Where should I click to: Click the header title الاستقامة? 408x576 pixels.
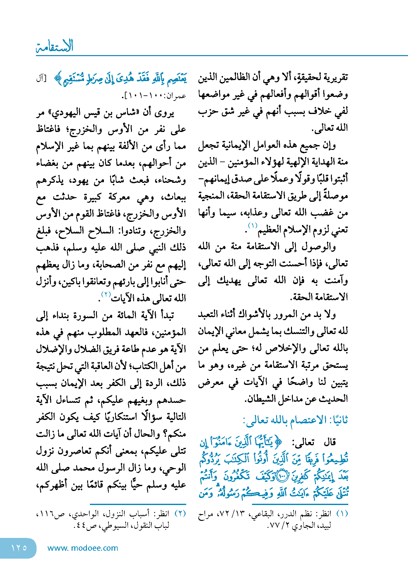pyautogui.click(x=55, y=46)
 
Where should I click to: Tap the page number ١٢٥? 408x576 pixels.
pyautogui.click(x=19, y=548)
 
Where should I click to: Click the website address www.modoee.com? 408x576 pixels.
pyautogui.click(x=83, y=548)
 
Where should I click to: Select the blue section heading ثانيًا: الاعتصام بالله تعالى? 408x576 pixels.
pyautogui.click(x=296, y=420)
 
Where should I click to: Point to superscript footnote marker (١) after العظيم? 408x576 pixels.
pyautogui.click(x=253, y=226)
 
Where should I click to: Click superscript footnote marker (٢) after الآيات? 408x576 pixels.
pyautogui.click(x=106, y=294)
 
